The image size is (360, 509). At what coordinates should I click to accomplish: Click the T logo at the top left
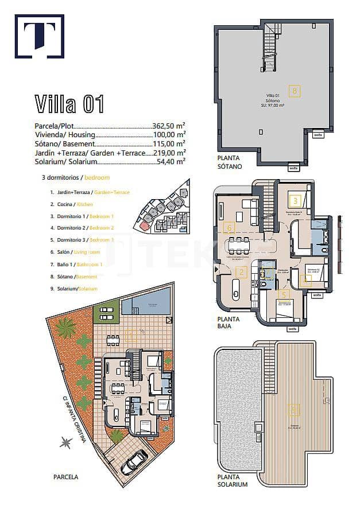tap(39, 36)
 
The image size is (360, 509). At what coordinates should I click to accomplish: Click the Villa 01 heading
tap(69, 104)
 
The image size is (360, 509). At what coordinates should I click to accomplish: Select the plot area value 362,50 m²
tap(169, 125)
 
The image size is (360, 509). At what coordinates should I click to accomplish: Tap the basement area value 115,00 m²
tap(169, 143)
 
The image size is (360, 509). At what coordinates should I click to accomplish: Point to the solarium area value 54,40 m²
tap(171, 162)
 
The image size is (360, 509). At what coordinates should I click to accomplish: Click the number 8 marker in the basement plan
tap(295, 90)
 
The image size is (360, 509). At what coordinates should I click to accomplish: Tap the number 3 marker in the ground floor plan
tap(295, 201)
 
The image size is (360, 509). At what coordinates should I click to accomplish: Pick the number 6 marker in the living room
tap(230, 228)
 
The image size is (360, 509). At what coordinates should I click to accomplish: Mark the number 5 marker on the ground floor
tap(283, 293)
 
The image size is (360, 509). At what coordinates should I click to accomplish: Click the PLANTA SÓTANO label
tap(230, 162)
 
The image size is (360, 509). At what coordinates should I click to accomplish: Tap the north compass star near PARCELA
tap(64, 442)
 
